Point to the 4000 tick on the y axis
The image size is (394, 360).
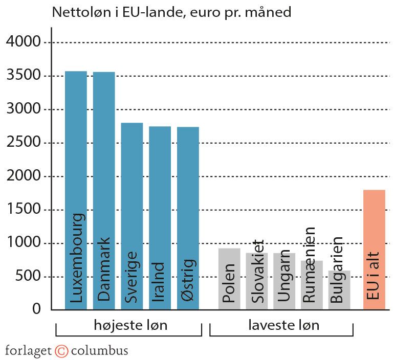[24, 42]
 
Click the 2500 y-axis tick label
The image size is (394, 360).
[24, 143]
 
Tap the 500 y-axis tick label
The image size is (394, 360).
[28, 277]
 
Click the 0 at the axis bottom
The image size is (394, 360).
[36, 309]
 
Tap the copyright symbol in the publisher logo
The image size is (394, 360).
[61, 351]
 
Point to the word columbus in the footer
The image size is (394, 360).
[99, 351]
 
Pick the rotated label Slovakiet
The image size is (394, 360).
[257, 271]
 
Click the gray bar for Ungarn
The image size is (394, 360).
[284, 291]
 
